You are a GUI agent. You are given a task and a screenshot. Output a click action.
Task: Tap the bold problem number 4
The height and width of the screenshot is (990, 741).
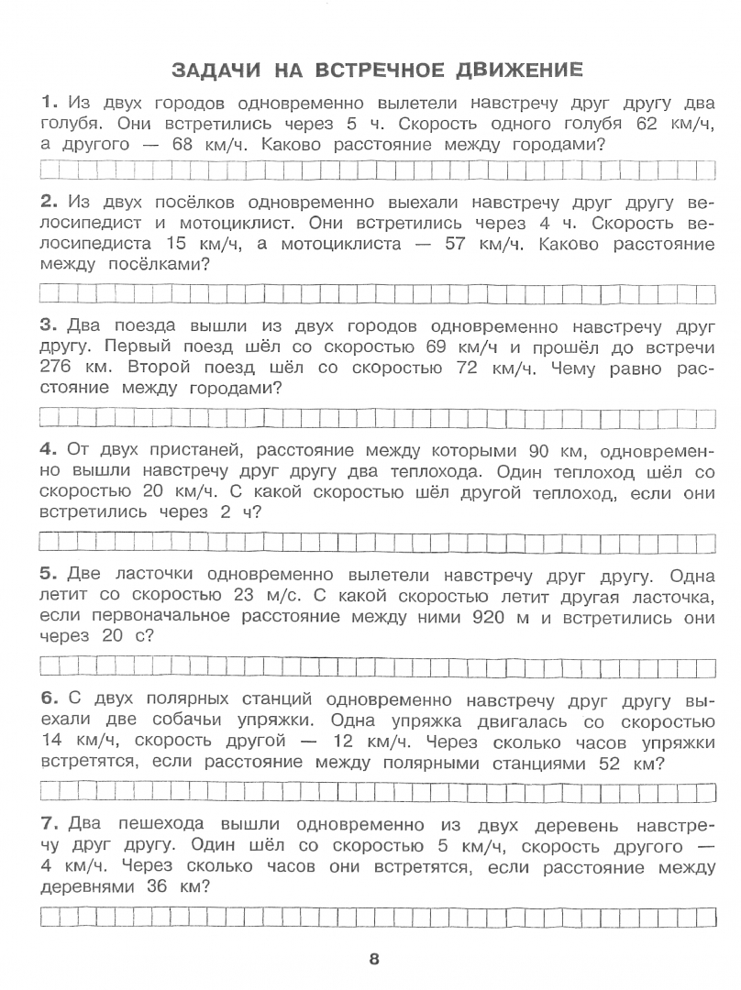tap(48, 450)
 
